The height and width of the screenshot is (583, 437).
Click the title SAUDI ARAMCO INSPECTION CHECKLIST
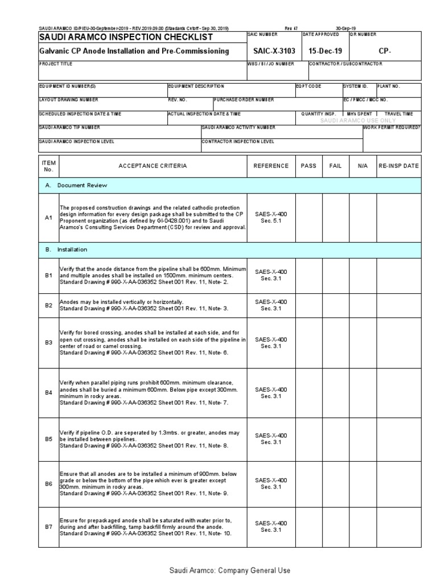(125, 37)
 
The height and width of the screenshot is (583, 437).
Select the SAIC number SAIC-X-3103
(271, 51)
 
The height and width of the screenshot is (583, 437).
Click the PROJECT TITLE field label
(55, 64)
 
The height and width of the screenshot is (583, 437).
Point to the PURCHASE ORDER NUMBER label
(244, 100)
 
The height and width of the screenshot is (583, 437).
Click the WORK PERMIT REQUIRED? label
(392, 128)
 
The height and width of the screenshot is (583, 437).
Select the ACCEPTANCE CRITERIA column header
(152, 166)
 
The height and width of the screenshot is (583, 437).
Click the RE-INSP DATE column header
(398, 166)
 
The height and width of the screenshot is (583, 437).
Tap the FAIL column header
(336, 166)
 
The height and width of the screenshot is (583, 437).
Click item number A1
(48, 217)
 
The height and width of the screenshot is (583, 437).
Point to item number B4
(48, 393)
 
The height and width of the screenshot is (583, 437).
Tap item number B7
(48, 527)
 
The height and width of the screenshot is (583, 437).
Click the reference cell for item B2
(271, 305)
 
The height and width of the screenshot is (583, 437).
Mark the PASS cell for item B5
(308, 439)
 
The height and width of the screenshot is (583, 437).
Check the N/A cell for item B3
(363, 343)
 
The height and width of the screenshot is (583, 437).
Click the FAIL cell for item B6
(336, 483)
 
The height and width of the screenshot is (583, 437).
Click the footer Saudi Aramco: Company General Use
(229, 570)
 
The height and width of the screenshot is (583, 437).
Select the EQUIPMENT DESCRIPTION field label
(196, 86)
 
